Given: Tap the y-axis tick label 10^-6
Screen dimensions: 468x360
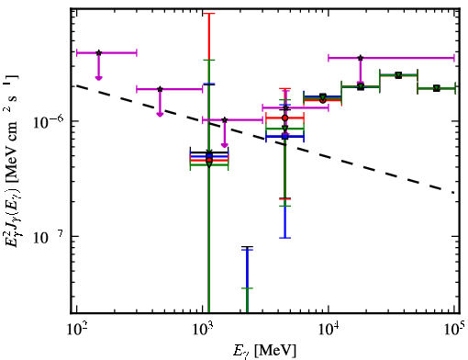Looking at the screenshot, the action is click(49, 121).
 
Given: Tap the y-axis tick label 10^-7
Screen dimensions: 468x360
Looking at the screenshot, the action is click(49, 237).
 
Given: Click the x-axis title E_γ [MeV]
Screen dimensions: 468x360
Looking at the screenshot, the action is click(264, 351).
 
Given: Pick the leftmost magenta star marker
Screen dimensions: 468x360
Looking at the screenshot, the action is click(98, 53).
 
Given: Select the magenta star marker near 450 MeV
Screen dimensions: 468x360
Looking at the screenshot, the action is click(160, 89).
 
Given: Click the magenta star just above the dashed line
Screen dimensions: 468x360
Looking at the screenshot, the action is click(225, 119).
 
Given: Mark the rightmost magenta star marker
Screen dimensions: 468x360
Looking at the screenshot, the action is click(361, 58).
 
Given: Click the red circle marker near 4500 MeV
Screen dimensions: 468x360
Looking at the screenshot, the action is click(285, 118).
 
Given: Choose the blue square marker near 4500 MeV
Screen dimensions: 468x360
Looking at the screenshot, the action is click(285, 137).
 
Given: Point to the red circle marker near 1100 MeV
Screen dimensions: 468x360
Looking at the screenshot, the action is click(209, 160).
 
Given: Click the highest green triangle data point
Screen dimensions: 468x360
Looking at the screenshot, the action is click(398, 75).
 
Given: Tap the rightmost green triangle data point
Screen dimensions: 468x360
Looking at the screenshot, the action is click(437, 88).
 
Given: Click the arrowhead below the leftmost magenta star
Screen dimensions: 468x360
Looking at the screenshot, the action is click(98, 78).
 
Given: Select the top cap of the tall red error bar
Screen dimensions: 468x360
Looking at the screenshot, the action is click(209, 14).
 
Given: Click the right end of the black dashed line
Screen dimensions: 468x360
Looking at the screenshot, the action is click(453, 192).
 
